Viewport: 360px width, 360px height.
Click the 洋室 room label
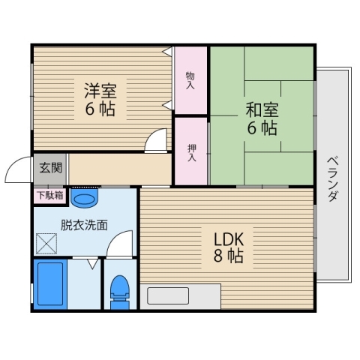(100, 90)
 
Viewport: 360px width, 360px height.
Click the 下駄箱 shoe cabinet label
(50, 196)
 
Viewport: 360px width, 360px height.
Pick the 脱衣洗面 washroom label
(84, 223)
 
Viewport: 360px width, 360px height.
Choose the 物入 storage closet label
(190, 80)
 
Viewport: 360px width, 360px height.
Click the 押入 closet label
(190, 152)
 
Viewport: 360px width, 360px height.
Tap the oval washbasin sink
(85, 199)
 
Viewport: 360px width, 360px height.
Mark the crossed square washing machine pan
(47, 244)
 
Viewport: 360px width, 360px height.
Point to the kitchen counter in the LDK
(179, 295)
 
